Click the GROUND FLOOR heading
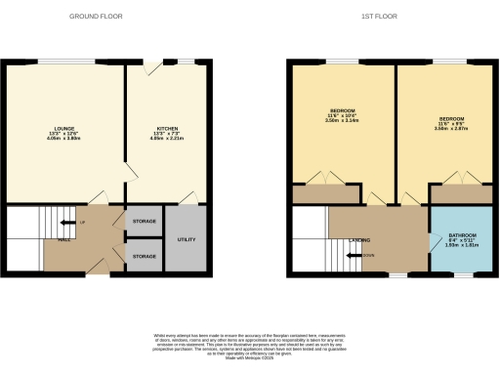point(96,17)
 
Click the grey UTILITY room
point(185,238)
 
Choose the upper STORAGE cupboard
point(143,222)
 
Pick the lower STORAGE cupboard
point(143,256)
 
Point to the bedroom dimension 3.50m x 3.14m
point(342,120)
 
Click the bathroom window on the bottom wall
point(459,276)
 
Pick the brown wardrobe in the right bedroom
point(461,193)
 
